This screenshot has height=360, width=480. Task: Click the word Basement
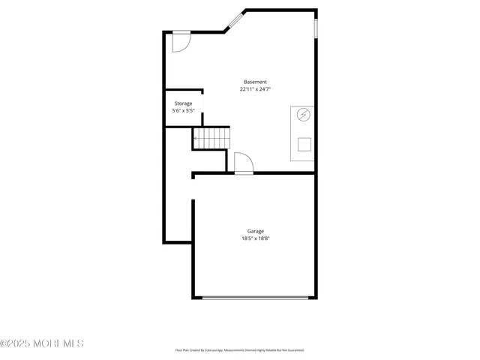(x=255, y=82)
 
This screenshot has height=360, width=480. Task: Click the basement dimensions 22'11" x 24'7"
(x=255, y=89)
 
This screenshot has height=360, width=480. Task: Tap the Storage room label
(x=183, y=103)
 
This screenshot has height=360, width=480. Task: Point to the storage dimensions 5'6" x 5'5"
(x=183, y=111)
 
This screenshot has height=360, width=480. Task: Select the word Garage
(x=255, y=231)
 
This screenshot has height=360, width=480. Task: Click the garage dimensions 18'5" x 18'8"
(x=255, y=238)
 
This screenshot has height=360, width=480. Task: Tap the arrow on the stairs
(x=195, y=138)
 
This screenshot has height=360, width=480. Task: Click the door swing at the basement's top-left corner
(x=181, y=42)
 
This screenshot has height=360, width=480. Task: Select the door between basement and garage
(x=244, y=164)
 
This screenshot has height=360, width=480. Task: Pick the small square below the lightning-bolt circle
(x=304, y=144)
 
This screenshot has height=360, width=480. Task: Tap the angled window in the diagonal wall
(x=235, y=20)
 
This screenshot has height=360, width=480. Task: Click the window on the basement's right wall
(x=316, y=28)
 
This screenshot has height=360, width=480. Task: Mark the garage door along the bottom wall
(x=255, y=298)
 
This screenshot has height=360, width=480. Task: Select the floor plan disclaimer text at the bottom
(x=239, y=350)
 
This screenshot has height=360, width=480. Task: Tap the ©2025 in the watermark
(x=14, y=343)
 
